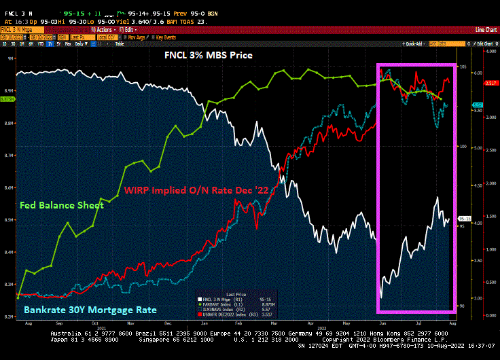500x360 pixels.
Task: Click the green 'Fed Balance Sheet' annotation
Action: (62, 204)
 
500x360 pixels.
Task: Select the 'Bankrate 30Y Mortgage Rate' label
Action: (90, 310)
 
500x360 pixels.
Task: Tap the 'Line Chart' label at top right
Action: (485, 30)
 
